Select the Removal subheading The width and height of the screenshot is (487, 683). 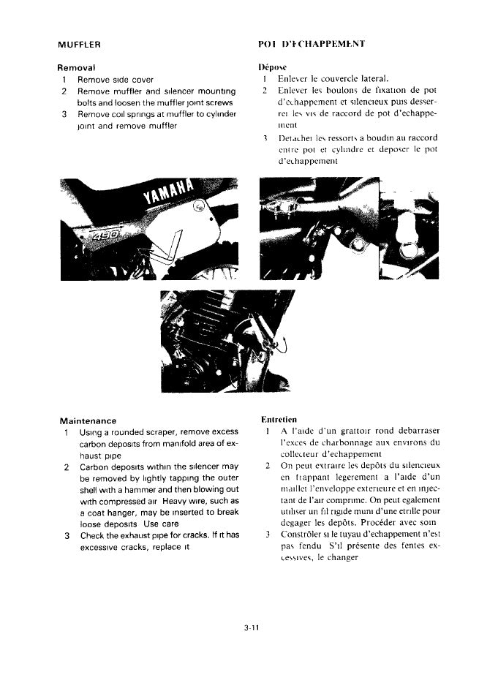[80, 67]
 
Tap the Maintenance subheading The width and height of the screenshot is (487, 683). [88, 420]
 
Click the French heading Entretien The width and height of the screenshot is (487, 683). [279, 420]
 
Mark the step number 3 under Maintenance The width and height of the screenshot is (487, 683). [67, 536]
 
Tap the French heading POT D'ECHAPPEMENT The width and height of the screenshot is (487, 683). [312, 45]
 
